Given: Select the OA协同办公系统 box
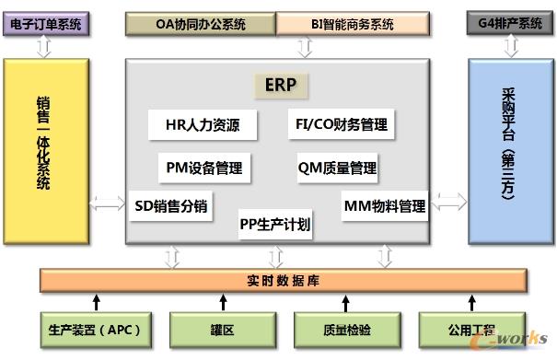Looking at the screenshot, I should pyautogui.click(x=200, y=23).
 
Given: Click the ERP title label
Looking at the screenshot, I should pyautogui.click(x=281, y=86).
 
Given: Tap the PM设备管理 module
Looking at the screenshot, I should pyautogui.click(x=204, y=168).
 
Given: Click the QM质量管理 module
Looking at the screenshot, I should pyautogui.click(x=337, y=168).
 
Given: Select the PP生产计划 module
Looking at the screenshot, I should pyautogui.click(x=274, y=223).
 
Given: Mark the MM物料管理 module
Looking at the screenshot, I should pyautogui.click(x=384, y=205).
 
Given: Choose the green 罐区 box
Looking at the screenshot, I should pyautogui.click(x=222, y=327).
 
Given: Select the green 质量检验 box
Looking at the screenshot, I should pyautogui.click(x=345, y=327).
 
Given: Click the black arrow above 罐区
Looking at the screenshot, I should pyautogui.click(x=222, y=301).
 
